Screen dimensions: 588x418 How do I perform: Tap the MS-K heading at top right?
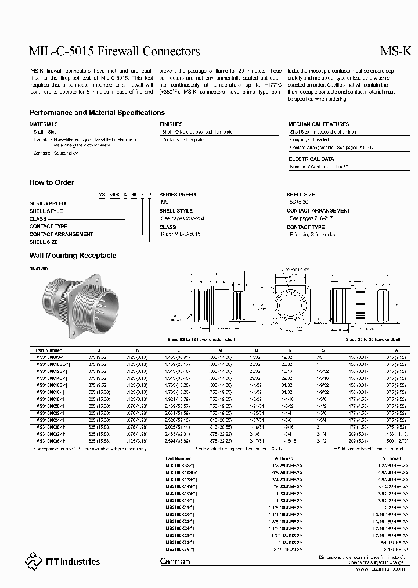point(399,51)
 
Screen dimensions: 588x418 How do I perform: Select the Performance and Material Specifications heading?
point(97,113)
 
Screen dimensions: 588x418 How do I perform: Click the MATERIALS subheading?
point(44,124)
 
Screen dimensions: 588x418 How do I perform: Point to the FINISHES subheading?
point(171,124)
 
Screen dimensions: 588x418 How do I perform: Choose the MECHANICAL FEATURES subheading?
point(318,124)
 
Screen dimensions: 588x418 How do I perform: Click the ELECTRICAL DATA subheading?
point(311,159)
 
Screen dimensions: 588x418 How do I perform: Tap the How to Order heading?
point(52,182)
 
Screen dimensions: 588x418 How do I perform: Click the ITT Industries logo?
point(62,561)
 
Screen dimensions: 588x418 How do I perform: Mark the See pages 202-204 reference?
point(183,218)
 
